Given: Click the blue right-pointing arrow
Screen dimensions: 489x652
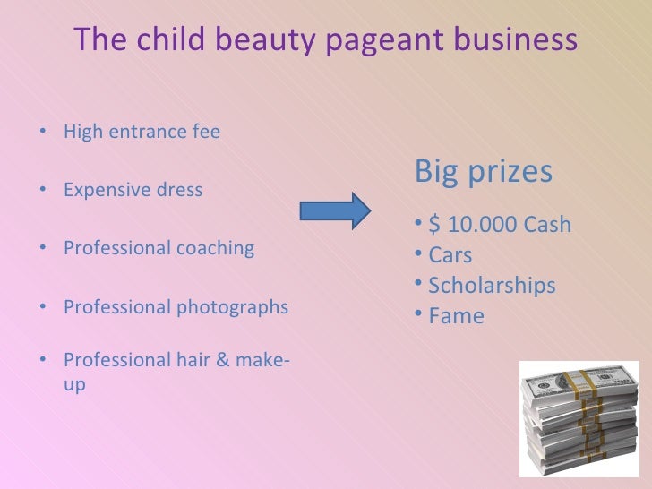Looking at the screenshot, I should tap(334, 210).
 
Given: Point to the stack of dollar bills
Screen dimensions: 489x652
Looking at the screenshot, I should tap(579, 416).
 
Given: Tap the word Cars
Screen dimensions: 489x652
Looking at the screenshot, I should tap(450, 255).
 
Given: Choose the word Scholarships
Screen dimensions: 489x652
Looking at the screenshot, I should tap(492, 286).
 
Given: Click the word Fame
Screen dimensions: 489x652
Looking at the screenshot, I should tap(456, 316).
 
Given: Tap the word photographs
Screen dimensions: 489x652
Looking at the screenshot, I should tap(236, 307).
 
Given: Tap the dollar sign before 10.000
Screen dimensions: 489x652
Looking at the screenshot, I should tap(434, 224).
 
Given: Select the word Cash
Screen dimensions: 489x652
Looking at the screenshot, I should tap(546, 224).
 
